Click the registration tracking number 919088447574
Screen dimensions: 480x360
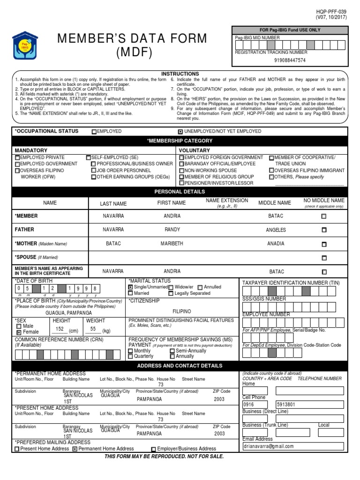click(290, 60)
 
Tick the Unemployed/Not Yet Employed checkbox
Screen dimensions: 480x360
click(180, 132)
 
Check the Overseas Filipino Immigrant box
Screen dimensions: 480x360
click(271, 171)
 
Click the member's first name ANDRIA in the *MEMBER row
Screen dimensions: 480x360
click(172, 216)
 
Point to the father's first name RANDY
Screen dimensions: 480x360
click(172, 230)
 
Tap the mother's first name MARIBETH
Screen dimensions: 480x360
click(172, 244)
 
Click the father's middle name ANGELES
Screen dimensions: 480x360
click(276, 230)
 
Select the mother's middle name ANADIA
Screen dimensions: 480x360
click(276, 244)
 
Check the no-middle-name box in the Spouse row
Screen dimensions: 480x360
click(324, 258)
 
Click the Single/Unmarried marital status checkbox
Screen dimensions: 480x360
click(131, 287)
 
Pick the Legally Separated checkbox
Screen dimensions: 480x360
click(171, 293)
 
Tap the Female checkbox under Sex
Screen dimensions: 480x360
click(19, 332)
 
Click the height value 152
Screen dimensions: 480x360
click(60, 329)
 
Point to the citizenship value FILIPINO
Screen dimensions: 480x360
click(182, 310)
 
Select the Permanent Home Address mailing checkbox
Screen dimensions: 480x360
click(75, 449)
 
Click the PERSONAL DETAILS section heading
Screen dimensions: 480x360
click(180, 192)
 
